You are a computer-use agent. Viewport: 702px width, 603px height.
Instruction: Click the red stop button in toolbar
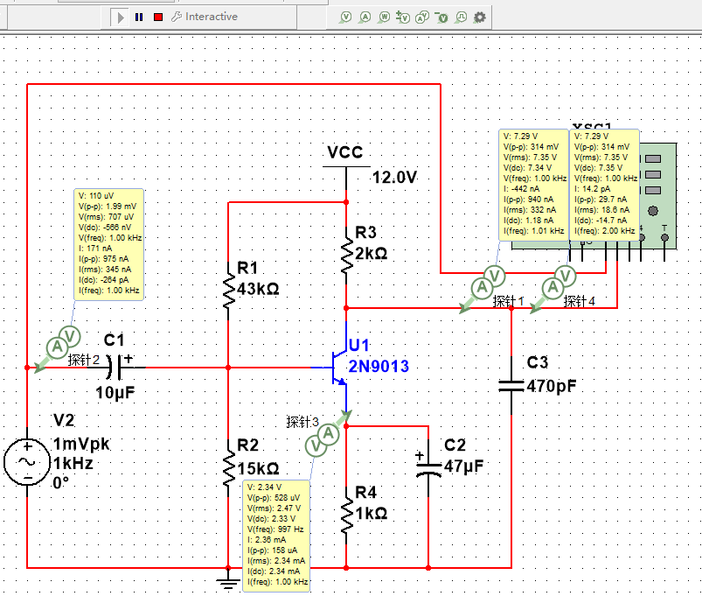157,17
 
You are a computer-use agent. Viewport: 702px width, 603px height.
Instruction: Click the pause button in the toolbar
138,17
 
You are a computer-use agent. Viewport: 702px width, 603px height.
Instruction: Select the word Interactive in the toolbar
211,17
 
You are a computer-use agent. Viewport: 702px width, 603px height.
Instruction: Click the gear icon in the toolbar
479,17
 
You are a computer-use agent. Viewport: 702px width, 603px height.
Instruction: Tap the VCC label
344,152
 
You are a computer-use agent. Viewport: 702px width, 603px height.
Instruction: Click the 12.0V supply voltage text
394,178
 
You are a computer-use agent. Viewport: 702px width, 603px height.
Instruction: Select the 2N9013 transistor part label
378,366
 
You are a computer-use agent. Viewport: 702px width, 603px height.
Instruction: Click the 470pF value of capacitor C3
551,384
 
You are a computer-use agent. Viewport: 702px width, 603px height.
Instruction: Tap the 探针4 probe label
580,301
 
